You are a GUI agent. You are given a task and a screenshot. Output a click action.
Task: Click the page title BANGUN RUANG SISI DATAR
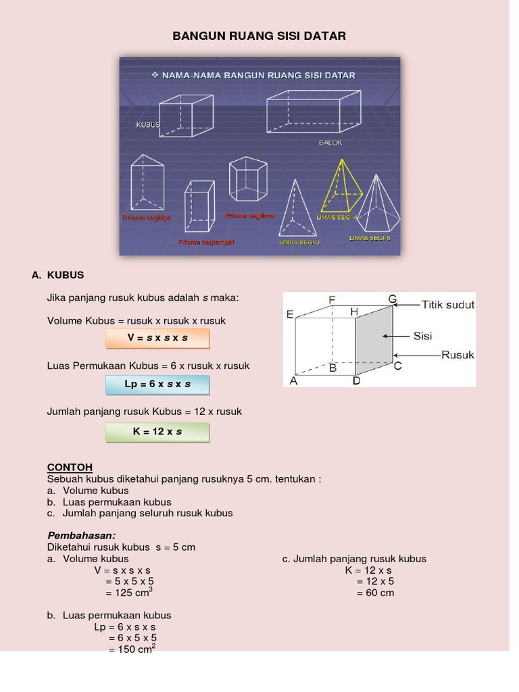click(x=259, y=36)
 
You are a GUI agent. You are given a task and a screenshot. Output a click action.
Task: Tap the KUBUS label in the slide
click(x=148, y=125)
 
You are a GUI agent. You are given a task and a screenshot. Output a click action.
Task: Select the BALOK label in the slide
click(x=330, y=143)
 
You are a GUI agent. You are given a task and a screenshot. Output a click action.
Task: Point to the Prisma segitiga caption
click(x=146, y=218)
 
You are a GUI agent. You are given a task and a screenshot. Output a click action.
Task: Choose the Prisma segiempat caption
click(x=206, y=242)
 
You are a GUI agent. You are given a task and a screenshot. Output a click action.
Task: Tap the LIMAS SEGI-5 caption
click(x=370, y=238)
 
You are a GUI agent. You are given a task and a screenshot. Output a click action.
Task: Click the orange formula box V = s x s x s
click(x=157, y=338)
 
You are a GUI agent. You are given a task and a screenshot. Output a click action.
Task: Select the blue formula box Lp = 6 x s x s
click(x=157, y=385)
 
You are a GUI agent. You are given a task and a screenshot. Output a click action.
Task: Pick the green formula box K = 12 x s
click(x=157, y=432)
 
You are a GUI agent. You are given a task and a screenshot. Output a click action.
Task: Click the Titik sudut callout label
click(x=448, y=305)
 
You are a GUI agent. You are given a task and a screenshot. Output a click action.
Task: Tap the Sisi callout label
click(x=422, y=336)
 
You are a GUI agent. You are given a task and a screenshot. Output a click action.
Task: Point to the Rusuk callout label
click(x=458, y=355)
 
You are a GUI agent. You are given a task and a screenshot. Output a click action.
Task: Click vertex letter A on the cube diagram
click(x=293, y=381)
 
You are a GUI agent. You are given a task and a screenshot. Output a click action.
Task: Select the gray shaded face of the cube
click(x=374, y=341)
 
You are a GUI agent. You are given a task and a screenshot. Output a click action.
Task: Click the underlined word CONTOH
click(x=70, y=467)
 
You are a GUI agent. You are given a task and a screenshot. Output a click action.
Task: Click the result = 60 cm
click(x=375, y=593)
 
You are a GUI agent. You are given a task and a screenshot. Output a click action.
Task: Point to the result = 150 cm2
click(x=132, y=649)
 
